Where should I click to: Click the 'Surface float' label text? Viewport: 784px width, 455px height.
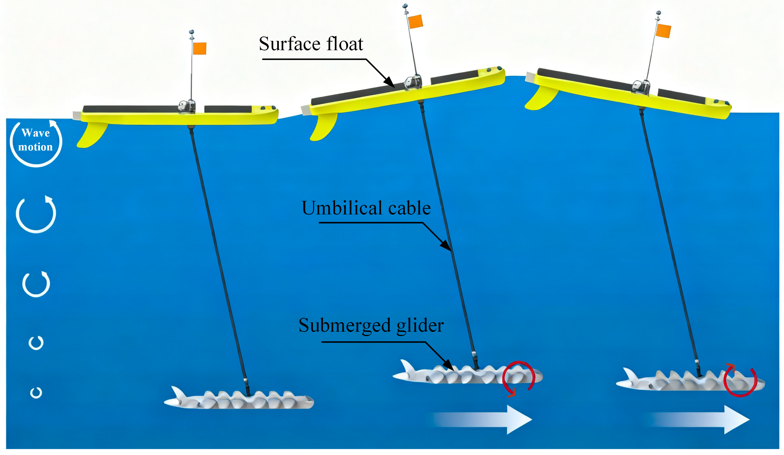[x=311, y=44]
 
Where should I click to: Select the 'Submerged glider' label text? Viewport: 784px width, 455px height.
[x=371, y=325]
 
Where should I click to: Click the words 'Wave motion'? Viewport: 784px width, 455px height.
[x=35, y=140]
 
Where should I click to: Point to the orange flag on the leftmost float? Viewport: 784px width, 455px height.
[x=199, y=49]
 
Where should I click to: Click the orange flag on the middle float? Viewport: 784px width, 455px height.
[x=415, y=21]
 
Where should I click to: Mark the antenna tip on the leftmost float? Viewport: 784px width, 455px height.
[x=192, y=32]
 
